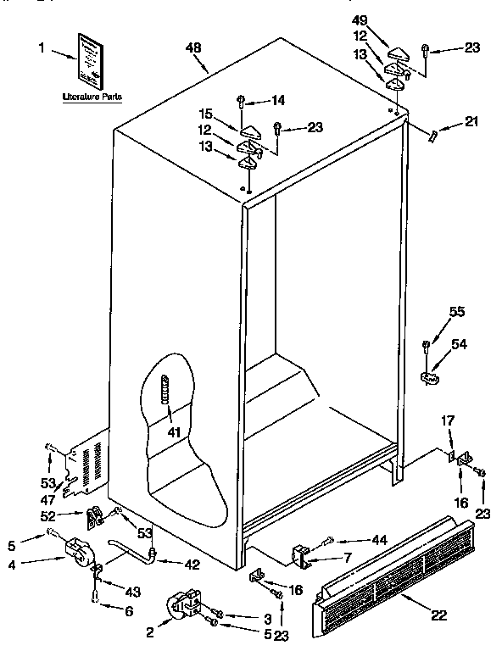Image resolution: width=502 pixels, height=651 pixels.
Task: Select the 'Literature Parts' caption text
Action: pyautogui.click(x=91, y=97)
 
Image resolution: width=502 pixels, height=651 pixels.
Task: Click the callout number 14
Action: pyautogui.click(x=278, y=100)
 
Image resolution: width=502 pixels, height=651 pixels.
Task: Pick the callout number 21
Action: pyautogui.click(x=471, y=123)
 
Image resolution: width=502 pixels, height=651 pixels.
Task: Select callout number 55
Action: pyautogui.click(x=457, y=313)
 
